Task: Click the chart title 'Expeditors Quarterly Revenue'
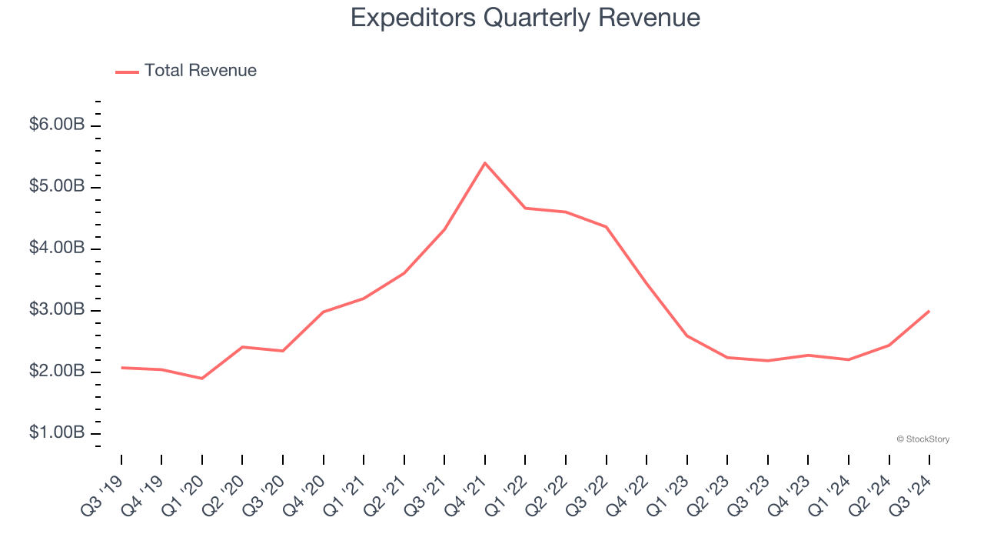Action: pyautogui.click(x=525, y=18)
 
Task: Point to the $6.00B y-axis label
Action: pyautogui.click(x=56, y=125)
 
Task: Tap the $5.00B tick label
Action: pyautogui.click(x=56, y=187)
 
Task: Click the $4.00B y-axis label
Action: pyautogui.click(x=56, y=249)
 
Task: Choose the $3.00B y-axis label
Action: pyautogui.click(x=56, y=310)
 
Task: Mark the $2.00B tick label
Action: pyautogui.click(x=56, y=372)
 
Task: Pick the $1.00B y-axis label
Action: pyautogui.click(x=56, y=433)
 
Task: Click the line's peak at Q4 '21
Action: pyautogui.click(x=485, y=163)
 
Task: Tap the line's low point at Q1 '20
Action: pyautogui.click(x=202, y=379)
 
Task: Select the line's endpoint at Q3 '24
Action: pyautogui.click(x=929, y=311)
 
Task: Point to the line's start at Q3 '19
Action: pyautogui.click(x=121, y=368)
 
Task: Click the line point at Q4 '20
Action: pyautogui.click(x=324, y=312)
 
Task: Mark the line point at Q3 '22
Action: pyautogui.click(x=607, y=227)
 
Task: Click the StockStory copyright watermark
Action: pyautogui.click(x=922, y=439)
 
